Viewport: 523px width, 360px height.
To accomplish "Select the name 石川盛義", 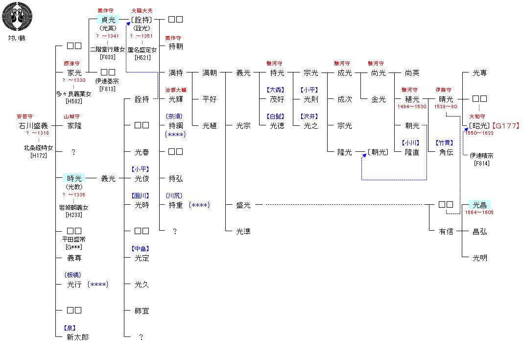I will (x=33, y=126).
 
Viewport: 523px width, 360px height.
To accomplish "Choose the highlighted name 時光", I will (x=74, y=179).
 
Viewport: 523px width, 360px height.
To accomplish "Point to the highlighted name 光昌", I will (x=479, y=205).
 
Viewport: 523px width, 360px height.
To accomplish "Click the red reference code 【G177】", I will (x=505, y=126).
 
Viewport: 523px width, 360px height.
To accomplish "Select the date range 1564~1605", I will (x=479, y=213).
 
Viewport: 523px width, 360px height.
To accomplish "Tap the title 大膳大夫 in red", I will (x=142, y=11).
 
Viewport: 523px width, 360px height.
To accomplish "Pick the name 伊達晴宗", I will (x=481, y=156).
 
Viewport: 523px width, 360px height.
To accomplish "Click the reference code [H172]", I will (x=38, y=156).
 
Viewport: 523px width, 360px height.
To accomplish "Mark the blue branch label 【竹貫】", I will (x=445, y=143).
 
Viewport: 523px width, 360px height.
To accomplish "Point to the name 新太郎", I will (x=77, y=337).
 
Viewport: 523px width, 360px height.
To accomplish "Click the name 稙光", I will (x=412, y=99).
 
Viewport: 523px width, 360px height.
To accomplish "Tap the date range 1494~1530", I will (x=412, y=107).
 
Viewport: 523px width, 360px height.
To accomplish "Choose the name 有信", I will (x=446, y=232).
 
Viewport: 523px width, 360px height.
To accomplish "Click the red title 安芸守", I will (x=24, y=117).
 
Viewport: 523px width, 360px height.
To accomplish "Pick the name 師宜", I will (x=142, y=311).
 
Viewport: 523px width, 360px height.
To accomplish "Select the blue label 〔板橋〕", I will (x=72, y=275).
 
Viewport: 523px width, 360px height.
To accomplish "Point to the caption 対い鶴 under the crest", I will (x=17, y=38).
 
